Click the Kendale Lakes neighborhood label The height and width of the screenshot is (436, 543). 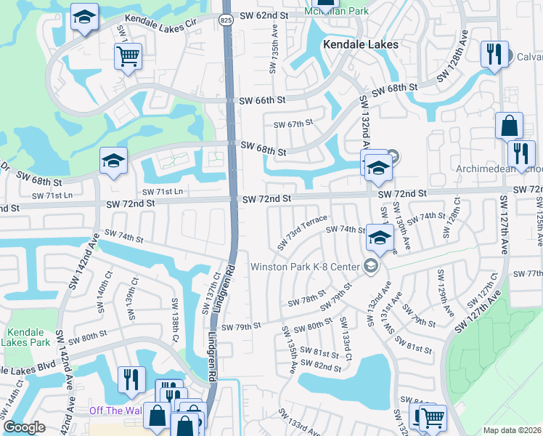[362, 44]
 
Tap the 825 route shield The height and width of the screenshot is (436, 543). [226, 21]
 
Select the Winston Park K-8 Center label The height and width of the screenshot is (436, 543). [305, 267]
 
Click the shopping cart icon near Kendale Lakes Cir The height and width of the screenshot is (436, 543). [128, 55]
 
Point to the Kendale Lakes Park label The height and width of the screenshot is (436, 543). [23, 336]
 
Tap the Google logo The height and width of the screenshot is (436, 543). [24, 427]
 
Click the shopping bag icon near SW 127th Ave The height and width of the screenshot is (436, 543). [509, 125]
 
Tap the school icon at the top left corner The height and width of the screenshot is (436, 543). [84, 17]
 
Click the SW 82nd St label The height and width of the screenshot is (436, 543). [323, 368]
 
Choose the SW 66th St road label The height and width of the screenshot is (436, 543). [262, 100]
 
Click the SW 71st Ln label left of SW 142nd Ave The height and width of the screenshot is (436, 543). [52, 195]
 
